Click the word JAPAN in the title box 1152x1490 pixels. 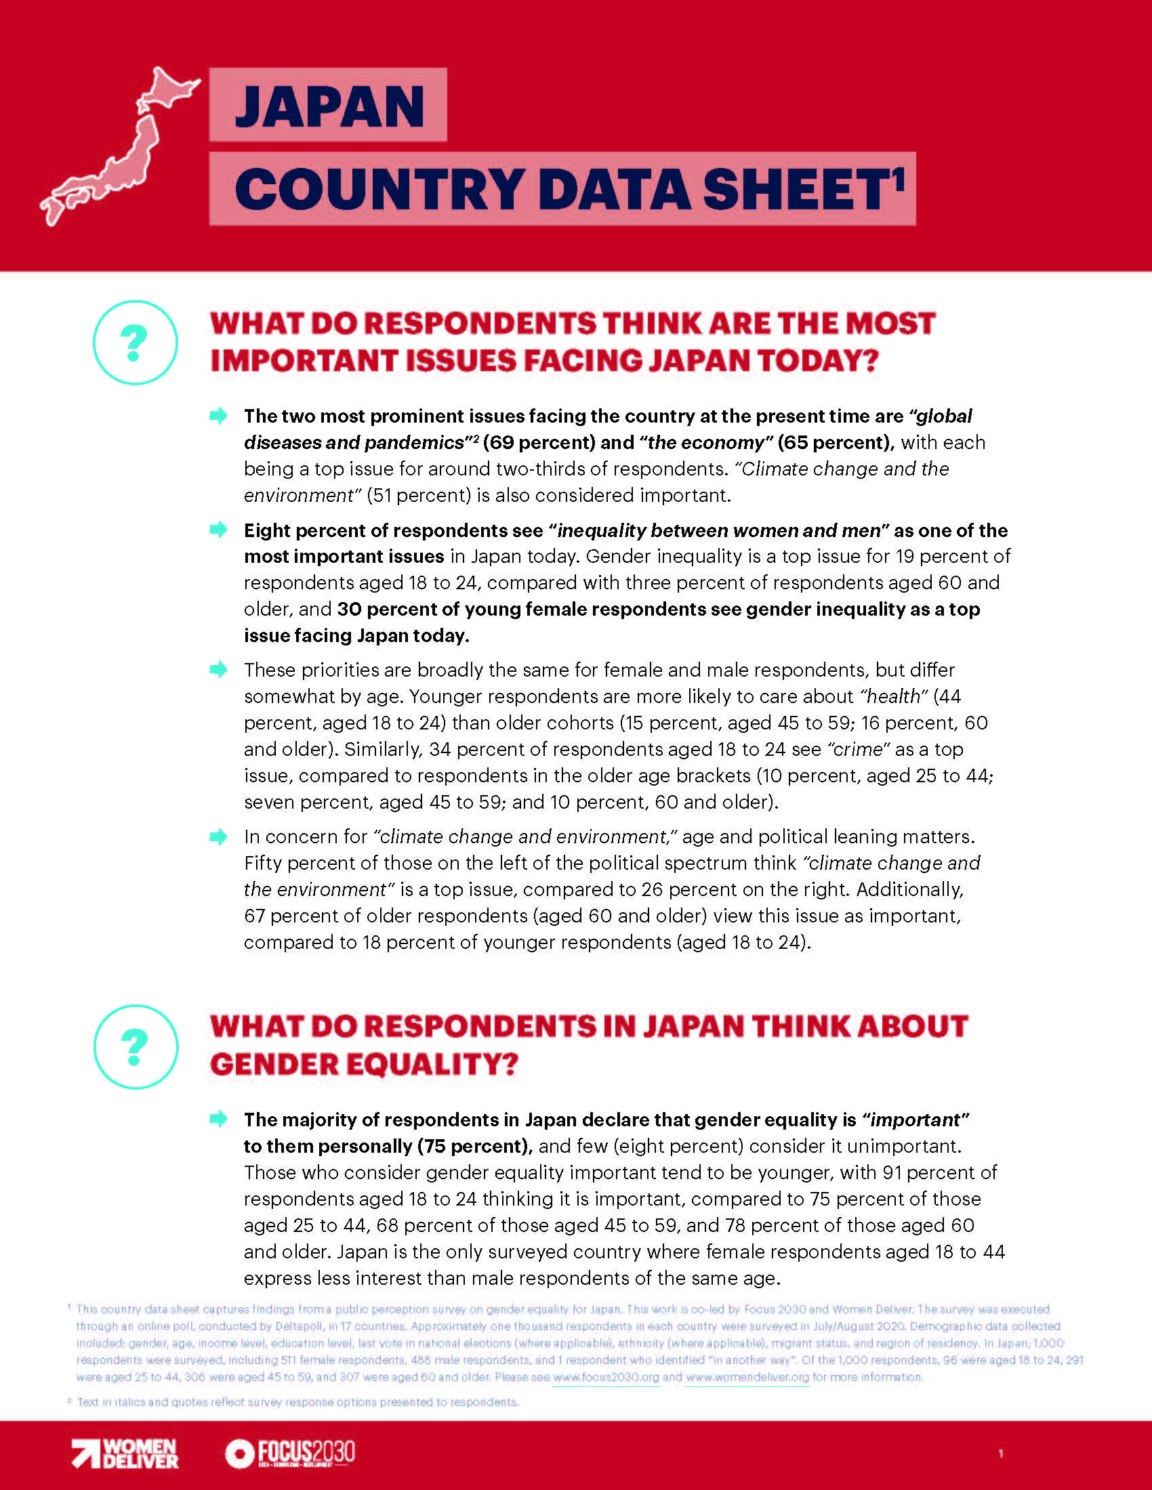coord(329,106)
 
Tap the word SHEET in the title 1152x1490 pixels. coord(795,190)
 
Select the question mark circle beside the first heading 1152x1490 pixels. coord(135,343)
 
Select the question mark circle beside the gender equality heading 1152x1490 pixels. coord(135,1046)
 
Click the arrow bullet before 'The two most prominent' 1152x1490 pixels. coord(218,415)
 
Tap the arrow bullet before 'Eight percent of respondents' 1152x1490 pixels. coord(218,530)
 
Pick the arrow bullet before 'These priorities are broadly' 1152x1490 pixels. coord(218,669)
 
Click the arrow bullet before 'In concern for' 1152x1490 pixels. coord(218,836)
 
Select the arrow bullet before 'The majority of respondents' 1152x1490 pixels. coord(218,1119)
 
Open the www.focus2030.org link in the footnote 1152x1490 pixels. coord(606,1377)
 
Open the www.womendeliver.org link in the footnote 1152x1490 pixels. coord(747,1377)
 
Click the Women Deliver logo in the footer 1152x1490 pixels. coord(125,1453)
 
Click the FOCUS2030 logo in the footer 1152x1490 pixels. coord(291,1453)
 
